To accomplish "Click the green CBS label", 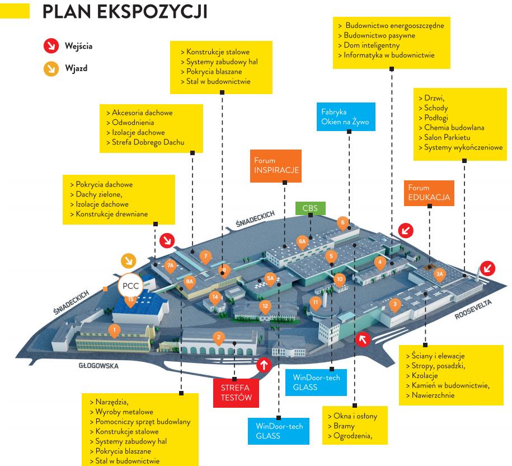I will [309, 208].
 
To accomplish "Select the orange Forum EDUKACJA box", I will [429, 192].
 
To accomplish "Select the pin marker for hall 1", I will [114, 329].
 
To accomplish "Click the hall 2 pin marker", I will [219, 337].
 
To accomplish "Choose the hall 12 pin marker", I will [265, 306].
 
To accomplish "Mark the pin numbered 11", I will [316, 303].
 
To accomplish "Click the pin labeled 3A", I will [440, 274].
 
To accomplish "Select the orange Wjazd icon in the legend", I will [50, 69].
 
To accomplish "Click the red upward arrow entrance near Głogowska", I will [264, 365].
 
